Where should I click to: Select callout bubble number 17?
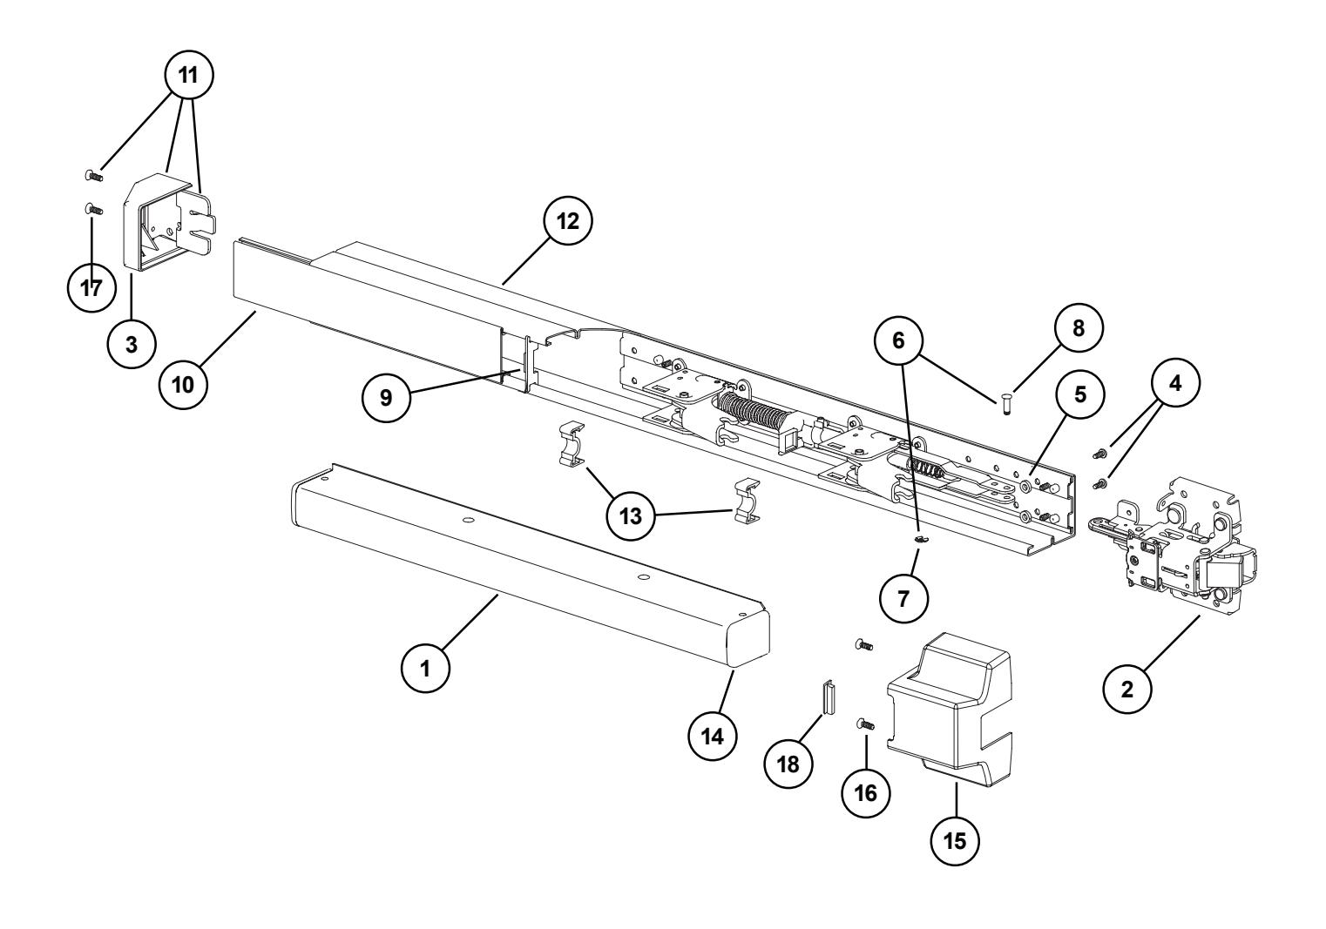click(x=91, y=288)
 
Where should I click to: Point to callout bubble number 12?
click(x=567, y=220)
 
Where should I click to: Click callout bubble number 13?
click(x=631, y=515)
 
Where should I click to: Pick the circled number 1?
click(x=424, y=668)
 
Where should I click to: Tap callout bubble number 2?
click(x=1126, y=690)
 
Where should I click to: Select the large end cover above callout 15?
click(x=950, y=697)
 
